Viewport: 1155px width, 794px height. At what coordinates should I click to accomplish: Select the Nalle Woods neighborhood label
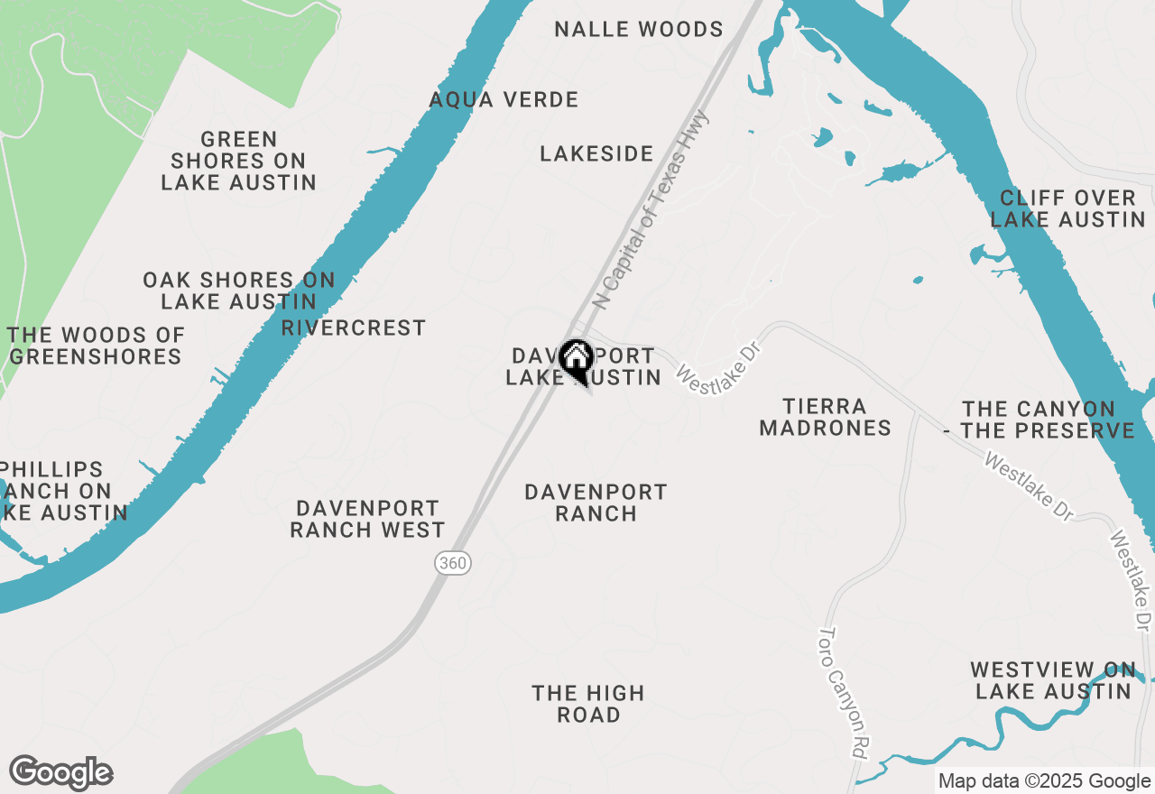639,30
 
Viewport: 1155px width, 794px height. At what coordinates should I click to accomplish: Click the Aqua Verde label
504,99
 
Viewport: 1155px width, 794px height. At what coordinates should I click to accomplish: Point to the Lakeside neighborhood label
596,154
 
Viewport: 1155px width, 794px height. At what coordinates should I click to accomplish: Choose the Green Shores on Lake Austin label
238,161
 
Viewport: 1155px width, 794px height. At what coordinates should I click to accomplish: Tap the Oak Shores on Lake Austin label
239,291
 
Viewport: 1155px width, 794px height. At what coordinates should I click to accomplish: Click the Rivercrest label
353,328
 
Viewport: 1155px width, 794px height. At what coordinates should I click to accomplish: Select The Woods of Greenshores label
96,346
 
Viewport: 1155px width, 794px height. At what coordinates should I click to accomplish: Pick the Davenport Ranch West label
367,519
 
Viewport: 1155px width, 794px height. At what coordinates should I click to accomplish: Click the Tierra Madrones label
825,417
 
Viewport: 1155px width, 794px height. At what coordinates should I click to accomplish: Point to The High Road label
588,704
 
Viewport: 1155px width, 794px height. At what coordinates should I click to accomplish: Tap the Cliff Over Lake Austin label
1067,208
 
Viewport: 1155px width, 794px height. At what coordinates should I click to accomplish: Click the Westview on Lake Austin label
1053,680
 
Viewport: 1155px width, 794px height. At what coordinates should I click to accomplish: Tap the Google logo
60,773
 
